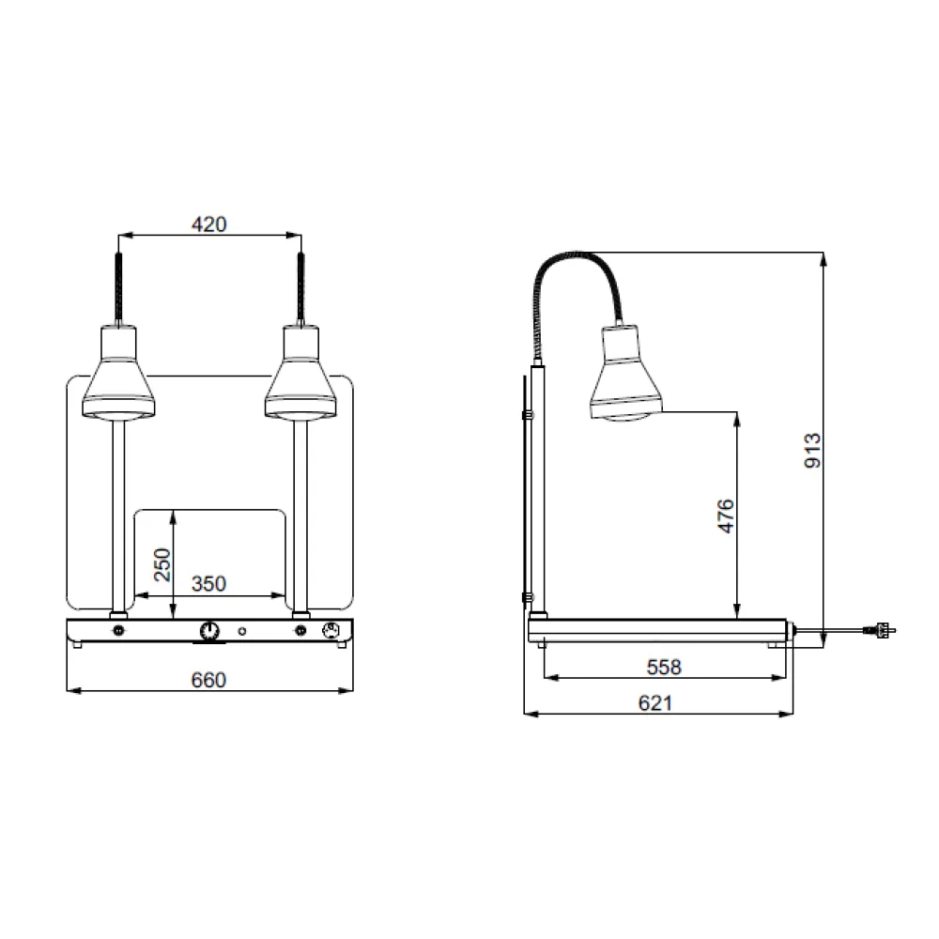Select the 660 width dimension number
click(208, 680)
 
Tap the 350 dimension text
click(208, 584)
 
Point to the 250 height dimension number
click(162, 564)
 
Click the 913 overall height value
click(813, 450)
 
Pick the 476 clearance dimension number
click(725, 516)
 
